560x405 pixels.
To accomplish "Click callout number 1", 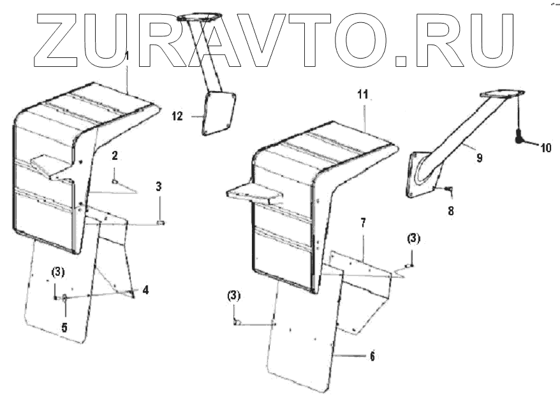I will pyautogui.click(x=128, y=57).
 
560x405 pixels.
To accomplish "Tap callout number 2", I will pyautogui.click(x=114, y=155).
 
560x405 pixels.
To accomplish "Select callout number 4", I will pyautogui.click(x=146, y=290).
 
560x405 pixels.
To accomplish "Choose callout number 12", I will pyautogui.click(x=177, y=116).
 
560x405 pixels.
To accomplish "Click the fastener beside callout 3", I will pyautogui.click(x=160, y=222).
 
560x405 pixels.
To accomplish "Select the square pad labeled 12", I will pyautogui.click(x=218, y=113).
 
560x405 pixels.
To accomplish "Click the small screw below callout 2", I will pyautogui.click(x=115, y=181).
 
